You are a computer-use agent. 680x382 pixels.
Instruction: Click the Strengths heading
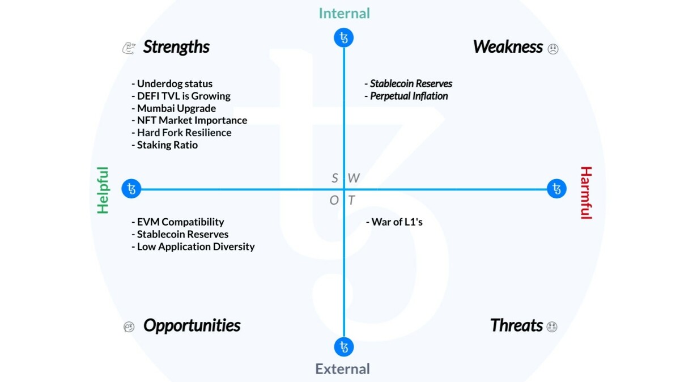tap(176, 47)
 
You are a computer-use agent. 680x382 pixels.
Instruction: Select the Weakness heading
tap(508, 47)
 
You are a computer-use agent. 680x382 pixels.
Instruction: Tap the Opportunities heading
tap(192, 326)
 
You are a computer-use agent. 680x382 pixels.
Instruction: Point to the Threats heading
tap(516, 326)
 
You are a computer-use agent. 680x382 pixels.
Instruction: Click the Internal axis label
tap(344, 14)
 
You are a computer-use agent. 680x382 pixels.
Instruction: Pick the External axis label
tap(343, 369)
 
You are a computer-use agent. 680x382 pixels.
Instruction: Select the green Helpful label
tap(103, 190)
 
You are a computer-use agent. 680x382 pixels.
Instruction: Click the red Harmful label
tap(585, 193)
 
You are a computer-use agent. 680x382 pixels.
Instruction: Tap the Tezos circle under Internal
tap(344, 38)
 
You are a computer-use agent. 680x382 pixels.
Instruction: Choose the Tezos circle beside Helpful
tap(131, 189)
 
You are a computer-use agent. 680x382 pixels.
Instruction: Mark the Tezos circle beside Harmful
tap(557, 189)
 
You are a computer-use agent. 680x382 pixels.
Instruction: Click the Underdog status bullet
tap(172, 84)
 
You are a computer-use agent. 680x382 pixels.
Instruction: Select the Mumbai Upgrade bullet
tap(174, 108)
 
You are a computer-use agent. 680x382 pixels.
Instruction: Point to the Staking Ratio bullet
tap(165, 145)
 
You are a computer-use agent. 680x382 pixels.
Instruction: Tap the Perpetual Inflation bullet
tap(406, 96)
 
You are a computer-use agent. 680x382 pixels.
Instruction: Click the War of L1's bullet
tap(394, 222)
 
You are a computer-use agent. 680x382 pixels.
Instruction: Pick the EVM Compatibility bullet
tap(178, 222)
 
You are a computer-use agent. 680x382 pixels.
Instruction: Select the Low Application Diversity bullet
tap(193, 247)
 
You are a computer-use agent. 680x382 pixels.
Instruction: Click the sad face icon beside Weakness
tap(553, 49)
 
